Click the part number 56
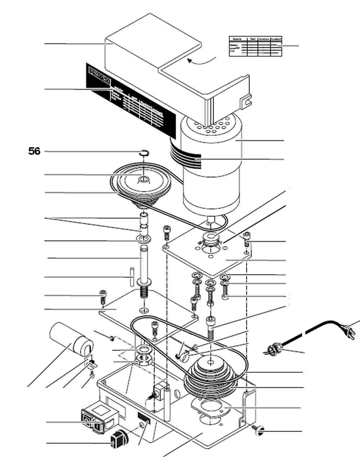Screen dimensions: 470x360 coord(35,151)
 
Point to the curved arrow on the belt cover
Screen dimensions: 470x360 coord(202,61)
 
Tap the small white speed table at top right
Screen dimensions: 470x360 coord(255,46)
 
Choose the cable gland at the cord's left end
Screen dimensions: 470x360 coord(274,348)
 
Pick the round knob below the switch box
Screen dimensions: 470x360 coord(119,439)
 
